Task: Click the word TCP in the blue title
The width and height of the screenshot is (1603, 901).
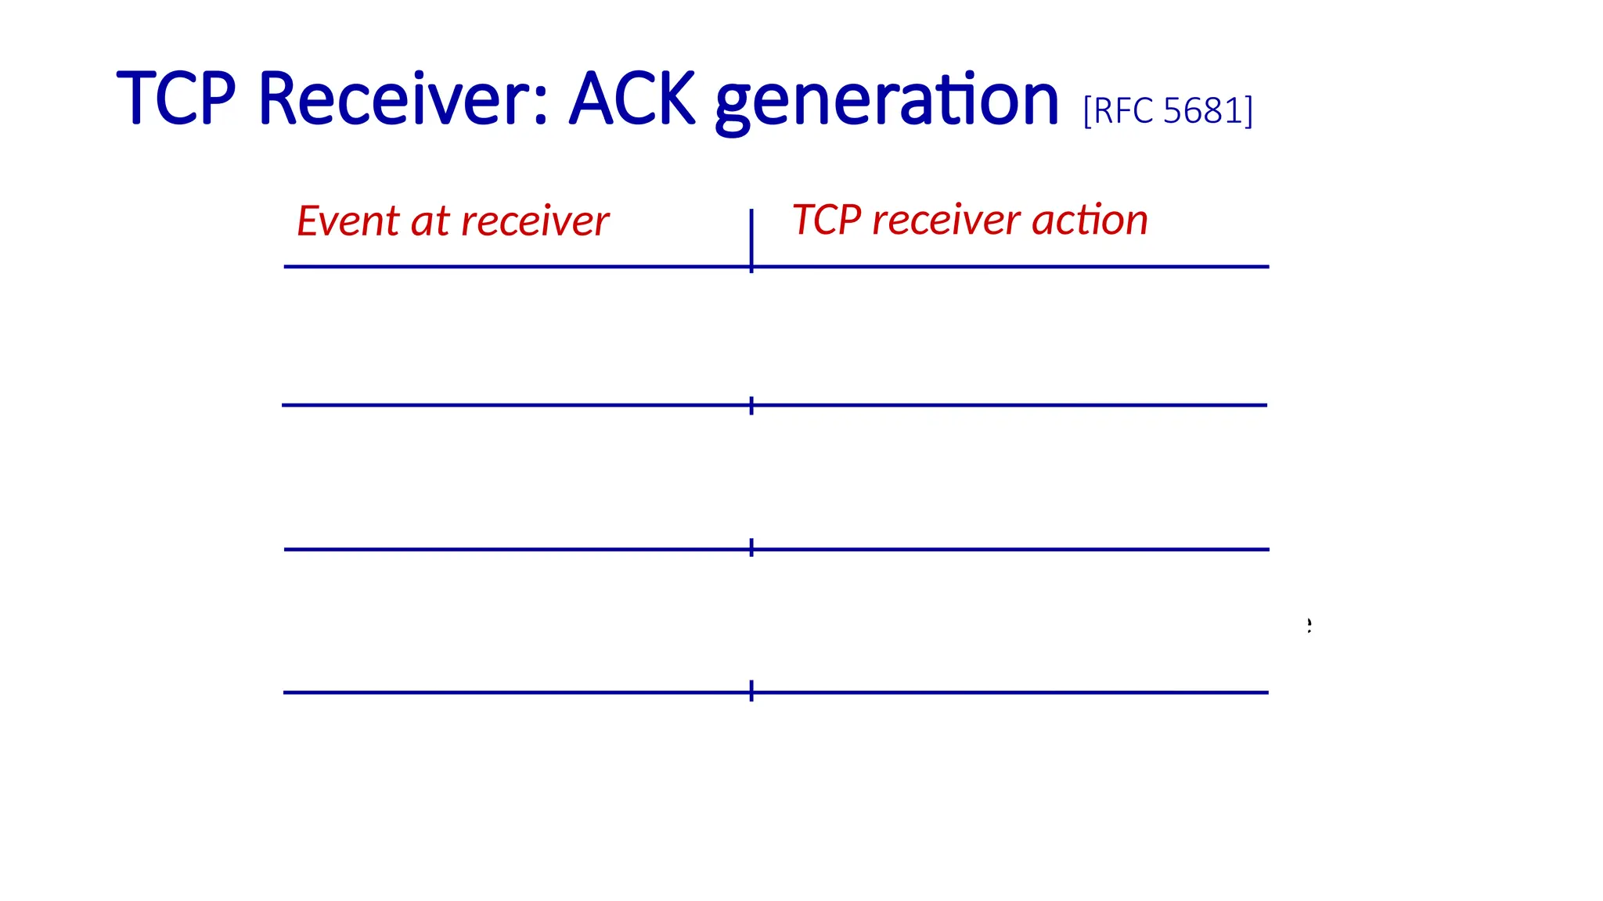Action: (x=175, y=99)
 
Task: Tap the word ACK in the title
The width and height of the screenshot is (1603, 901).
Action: (x=632, y=99)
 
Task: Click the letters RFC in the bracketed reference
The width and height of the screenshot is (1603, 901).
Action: (x=1122, y=111)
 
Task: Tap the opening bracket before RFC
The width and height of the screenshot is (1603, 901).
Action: (x=1087, y=111)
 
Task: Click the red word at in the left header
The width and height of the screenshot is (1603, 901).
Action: (x=430, y=221)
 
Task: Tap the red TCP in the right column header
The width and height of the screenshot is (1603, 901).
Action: (x=827, y=220)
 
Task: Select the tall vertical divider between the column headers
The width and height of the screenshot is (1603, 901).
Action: (x=751, y=235)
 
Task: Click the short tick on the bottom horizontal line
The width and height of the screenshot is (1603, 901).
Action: (x=751, y=691)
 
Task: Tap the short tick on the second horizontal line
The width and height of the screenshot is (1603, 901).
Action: (x=751, y=405)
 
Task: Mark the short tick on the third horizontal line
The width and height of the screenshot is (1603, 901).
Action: (x=751, y=547)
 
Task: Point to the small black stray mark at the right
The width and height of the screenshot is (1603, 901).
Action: (x=1309, y=624)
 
